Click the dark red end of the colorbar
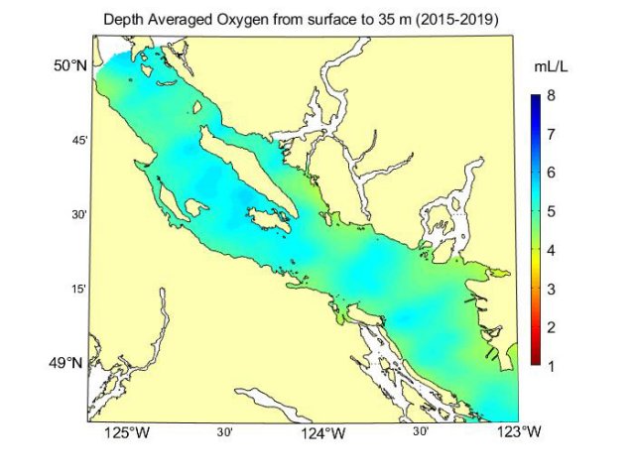point(535,363)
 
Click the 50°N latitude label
point(70,65)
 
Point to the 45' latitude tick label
point(80,140)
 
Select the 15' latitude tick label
point(80,289)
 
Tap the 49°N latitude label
point(70,363)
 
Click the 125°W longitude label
point(127,433)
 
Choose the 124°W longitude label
point(322,433)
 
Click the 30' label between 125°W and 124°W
point(225,432)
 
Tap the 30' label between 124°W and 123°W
point(420,432)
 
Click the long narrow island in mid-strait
point(234,178)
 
